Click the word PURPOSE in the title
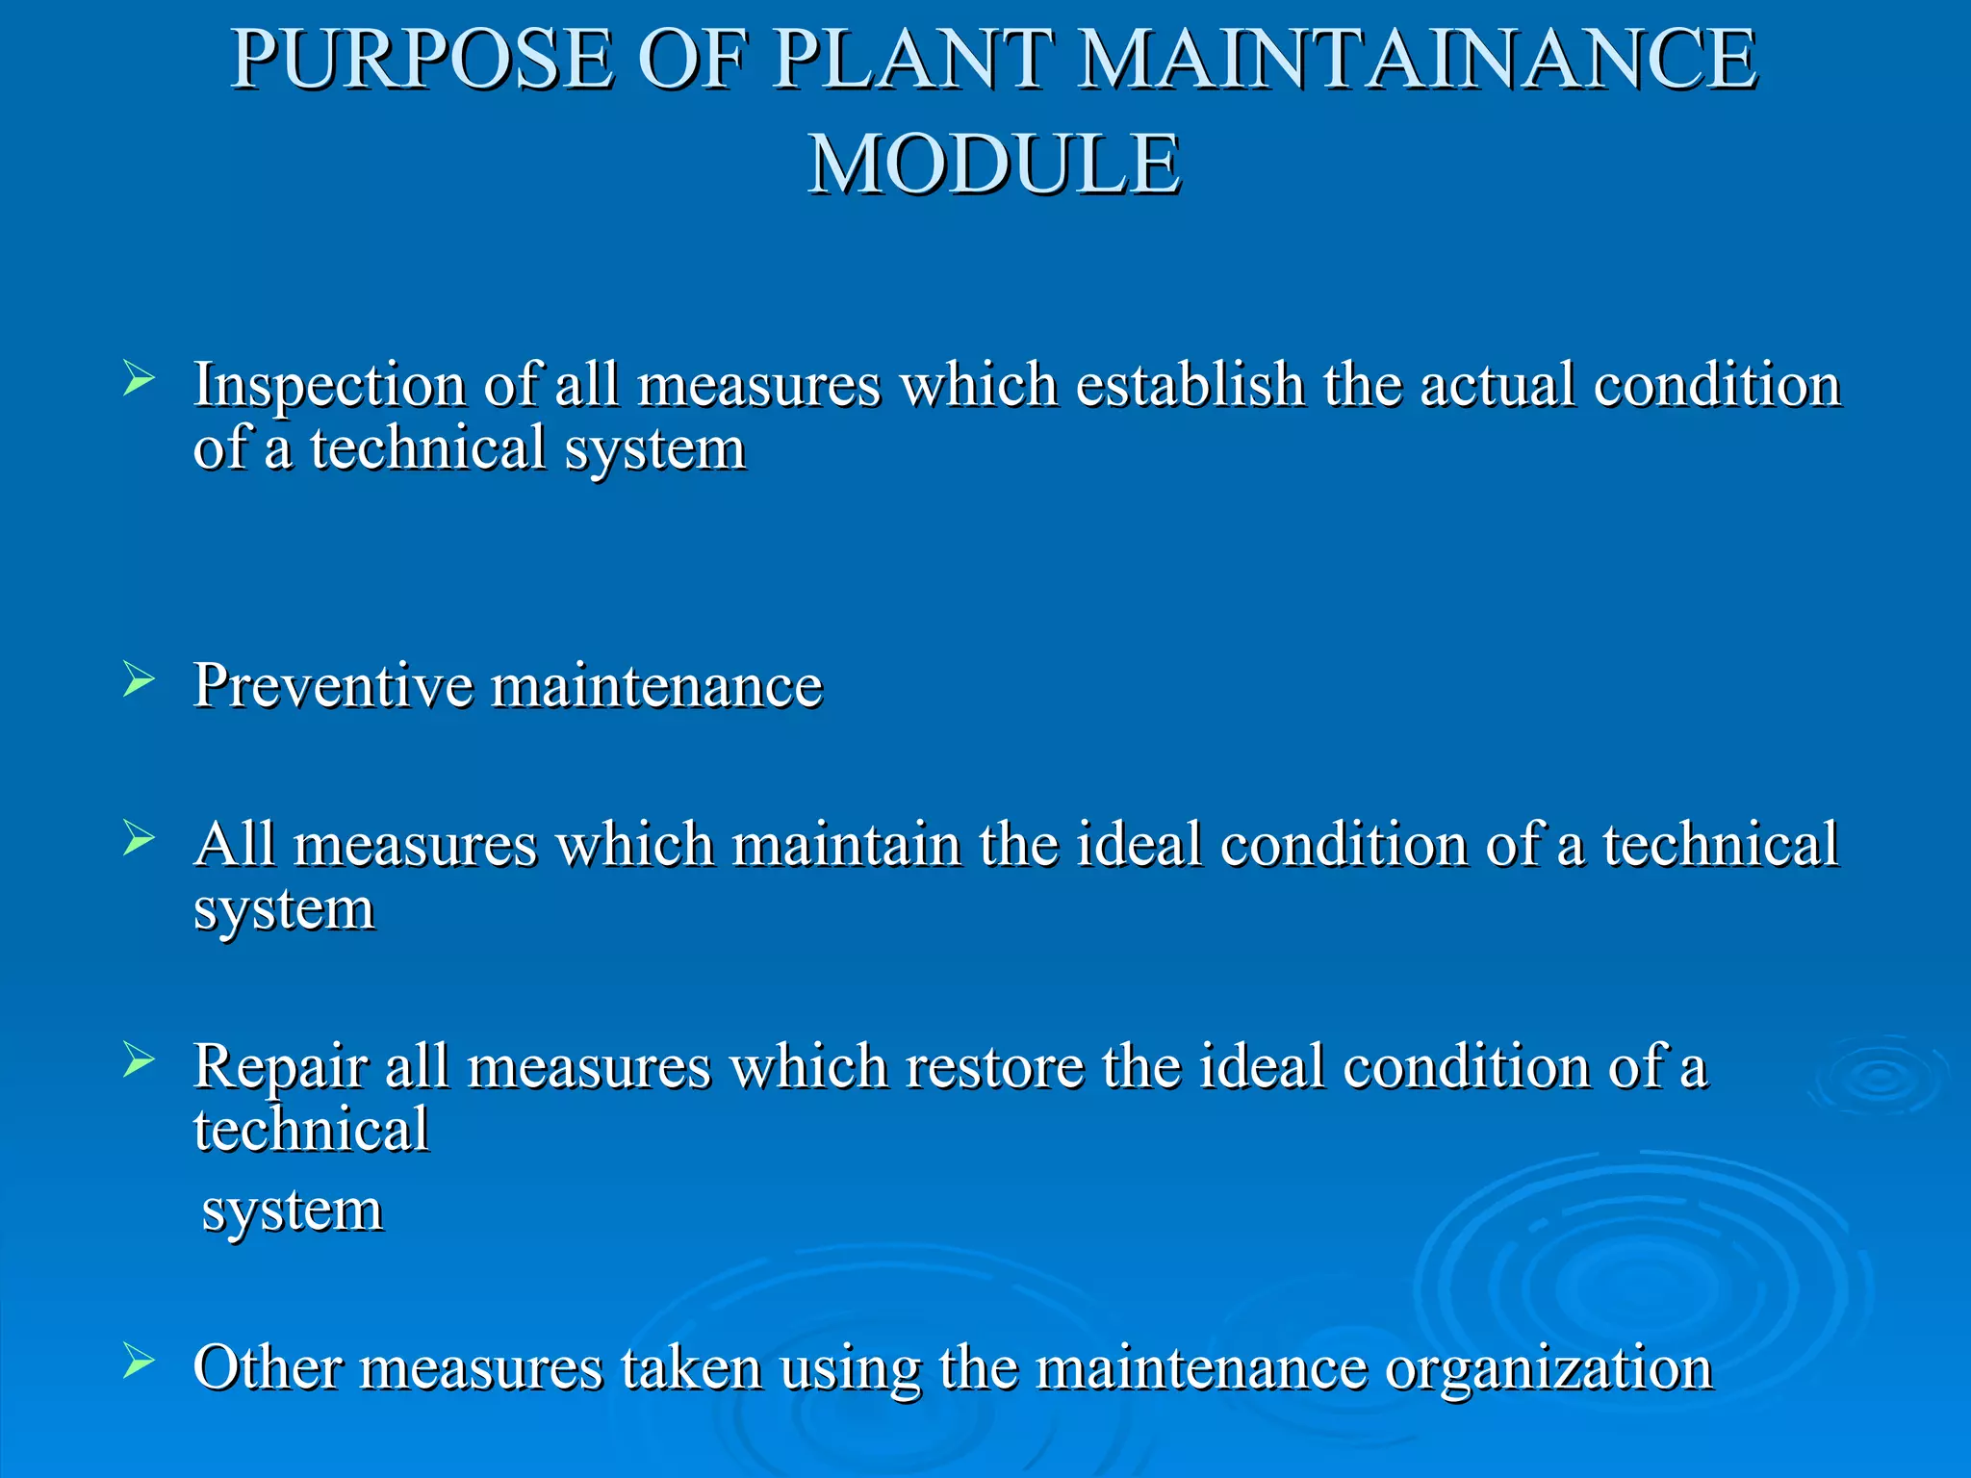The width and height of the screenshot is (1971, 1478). (422, 60)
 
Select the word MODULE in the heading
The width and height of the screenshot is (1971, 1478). (993, 165)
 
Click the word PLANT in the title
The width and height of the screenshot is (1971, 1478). (910, 60)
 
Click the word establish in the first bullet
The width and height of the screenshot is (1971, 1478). (1189, 385)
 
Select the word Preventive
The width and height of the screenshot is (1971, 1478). (333, 685)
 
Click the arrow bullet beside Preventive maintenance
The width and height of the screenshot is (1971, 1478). (139, 680)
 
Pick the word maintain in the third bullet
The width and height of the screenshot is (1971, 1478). (846, 845)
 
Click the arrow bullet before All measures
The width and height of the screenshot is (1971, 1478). (139, 838)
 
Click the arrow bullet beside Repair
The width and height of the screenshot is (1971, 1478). (139, 1060)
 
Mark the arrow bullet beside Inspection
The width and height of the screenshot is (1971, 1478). (139, 379)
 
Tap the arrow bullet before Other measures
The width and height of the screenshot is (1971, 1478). (139, 1361)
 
